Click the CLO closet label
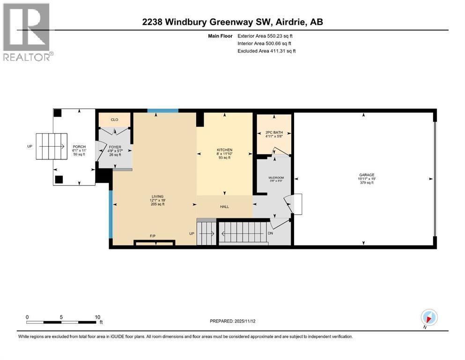(x=114, y=120)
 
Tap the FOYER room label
(x=115, y=147)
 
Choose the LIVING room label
(x=154, y=196)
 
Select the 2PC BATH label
(x=274, y=133)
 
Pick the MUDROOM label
(x=276, y=178)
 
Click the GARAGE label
(x=364, y=175)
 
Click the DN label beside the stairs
(x=270, y=233)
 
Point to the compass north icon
(x=429, y=317)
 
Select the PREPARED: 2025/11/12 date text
(x=232, y=321)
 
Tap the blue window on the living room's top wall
(x=163, y=111)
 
